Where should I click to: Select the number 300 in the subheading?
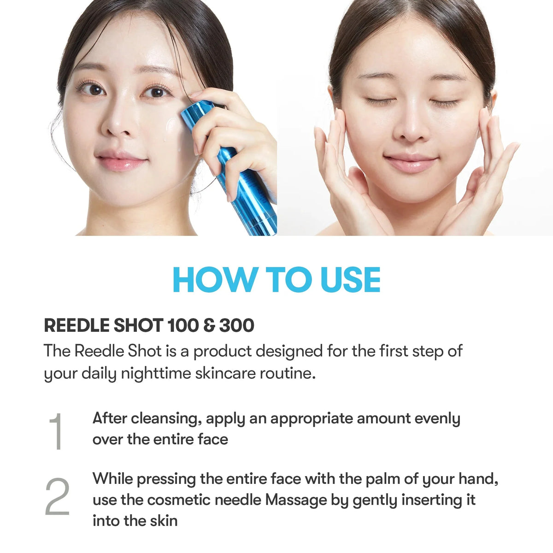click(x=236, y=325)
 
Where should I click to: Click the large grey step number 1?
click(x=57, y=431)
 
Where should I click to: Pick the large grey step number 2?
click(x=57, y=497)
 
